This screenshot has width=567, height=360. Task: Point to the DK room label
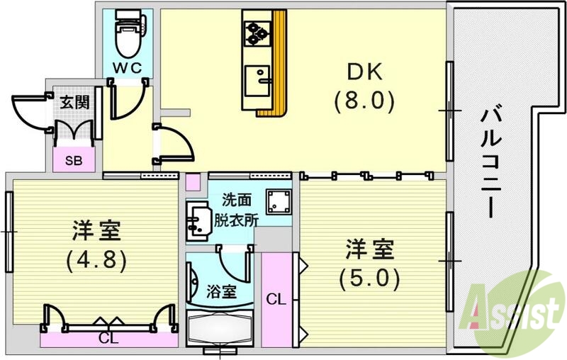[364, 72]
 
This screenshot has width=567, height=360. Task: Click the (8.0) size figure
[364, 101]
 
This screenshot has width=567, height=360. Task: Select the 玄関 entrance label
[74, 101]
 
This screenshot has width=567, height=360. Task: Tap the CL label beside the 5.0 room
[276, 300]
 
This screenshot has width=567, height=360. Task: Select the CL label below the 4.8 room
[108, 339]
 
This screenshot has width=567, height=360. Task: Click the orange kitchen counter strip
[279, 64]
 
